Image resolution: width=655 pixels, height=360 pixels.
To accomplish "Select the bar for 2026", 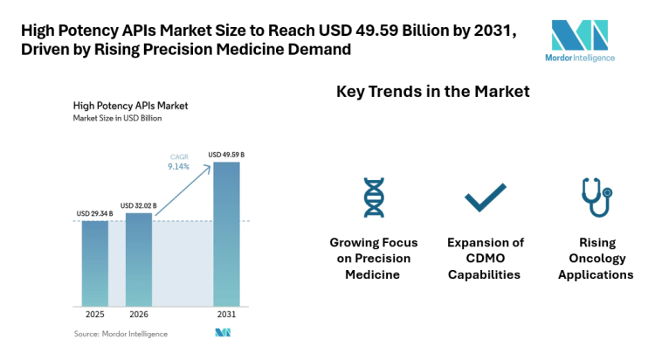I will pos(139,259).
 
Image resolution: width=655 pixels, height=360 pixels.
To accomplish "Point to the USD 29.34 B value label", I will pos(94,213).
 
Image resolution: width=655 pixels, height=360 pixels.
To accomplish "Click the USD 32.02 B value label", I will pos(138,205).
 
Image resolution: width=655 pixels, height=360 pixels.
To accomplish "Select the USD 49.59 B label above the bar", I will pos(226,155).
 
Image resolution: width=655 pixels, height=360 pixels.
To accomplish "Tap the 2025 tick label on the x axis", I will pos(95,315).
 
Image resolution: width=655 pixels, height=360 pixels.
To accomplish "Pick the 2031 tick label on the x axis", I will pos(225,315).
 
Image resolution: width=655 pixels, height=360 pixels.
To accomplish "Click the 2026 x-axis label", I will pos(139,315).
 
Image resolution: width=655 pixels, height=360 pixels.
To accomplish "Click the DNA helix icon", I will pos(373,197).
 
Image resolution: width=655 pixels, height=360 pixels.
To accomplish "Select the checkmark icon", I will pos(485,197).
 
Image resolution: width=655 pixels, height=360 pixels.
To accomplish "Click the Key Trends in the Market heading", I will pos(433,91).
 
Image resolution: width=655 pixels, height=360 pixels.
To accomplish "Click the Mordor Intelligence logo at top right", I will pos(583,39).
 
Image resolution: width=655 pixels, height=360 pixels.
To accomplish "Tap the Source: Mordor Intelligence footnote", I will pos(121,333).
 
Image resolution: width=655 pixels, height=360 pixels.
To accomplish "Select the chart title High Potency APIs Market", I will pos(130,105).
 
